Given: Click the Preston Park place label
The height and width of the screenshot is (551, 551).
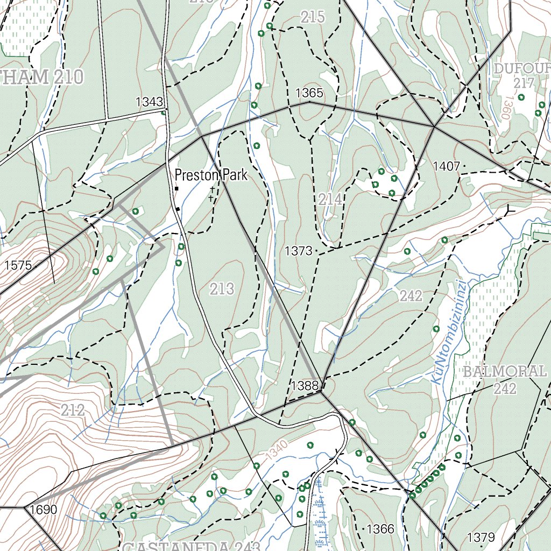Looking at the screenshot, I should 211,175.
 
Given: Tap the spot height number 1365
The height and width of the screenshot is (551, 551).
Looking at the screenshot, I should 309,93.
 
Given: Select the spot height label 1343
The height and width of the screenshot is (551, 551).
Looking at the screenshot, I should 149,102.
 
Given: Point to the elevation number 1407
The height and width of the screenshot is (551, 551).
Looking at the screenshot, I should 447,167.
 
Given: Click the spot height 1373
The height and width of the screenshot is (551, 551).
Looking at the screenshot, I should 299,251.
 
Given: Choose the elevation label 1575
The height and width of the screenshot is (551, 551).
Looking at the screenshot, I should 18,265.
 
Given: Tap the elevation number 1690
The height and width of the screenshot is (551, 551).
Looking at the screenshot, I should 44,510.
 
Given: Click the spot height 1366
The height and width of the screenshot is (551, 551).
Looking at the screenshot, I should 380,529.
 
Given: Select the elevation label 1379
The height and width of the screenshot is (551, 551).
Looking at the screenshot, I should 481,537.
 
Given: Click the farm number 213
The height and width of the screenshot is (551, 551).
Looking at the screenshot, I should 222,289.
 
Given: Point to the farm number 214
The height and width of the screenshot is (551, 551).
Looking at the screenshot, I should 330,200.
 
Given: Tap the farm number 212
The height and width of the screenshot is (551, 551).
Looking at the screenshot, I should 73,411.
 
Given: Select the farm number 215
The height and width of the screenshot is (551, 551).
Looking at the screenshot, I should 313,17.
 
